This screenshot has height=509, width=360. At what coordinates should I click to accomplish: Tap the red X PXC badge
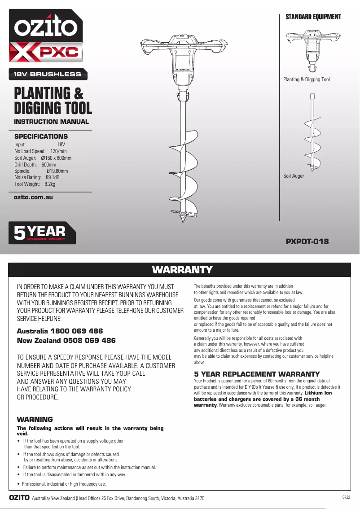click(46, 52)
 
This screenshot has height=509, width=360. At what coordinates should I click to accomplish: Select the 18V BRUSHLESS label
click(47, 74)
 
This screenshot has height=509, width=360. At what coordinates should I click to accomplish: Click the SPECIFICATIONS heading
click(41, 136)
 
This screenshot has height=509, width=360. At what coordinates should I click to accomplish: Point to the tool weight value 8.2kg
click(49, 184)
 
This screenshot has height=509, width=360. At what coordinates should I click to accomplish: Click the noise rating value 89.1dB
click(53, 177)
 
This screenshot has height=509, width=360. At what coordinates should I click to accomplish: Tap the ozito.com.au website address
click(34, 197)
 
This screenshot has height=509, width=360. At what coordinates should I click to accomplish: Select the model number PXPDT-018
click(307, 241)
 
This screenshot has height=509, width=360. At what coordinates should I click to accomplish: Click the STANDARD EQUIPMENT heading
click(313, 17)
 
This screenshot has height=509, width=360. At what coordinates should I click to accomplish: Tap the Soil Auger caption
click(294, 176)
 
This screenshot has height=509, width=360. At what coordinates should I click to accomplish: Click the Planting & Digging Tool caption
click(306, 79)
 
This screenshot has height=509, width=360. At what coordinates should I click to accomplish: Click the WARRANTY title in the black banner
click(182, 270)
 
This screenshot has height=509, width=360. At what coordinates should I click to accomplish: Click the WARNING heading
click(35, 419)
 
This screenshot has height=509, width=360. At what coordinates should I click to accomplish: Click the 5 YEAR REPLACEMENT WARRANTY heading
click(257, 374)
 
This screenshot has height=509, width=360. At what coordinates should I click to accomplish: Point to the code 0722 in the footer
click(346, 497)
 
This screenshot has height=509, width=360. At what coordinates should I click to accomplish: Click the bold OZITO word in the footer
click(20, 498)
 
